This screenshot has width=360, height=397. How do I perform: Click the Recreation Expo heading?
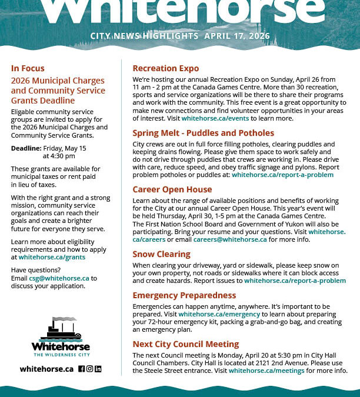(158, 68)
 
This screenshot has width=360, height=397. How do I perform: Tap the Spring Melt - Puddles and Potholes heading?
(203, 133)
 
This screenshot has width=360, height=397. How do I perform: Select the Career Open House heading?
(172, 189)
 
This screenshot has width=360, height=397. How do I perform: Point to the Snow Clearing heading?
(161, 254)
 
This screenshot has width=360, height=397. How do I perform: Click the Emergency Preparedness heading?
(184, 295)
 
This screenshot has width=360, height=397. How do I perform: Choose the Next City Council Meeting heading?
(185, 344)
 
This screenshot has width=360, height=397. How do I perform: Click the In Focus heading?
(28, 68)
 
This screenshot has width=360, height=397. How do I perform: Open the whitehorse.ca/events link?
(215, 118)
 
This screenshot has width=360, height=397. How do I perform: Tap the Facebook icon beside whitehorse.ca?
(82, 369)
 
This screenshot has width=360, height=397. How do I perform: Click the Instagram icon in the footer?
(90, 369)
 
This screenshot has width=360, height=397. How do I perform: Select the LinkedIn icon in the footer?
(98, 369)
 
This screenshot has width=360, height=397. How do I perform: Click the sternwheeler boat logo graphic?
(61, 329)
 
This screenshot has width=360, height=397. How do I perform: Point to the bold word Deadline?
(26, 148)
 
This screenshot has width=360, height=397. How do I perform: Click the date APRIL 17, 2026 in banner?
(237, 36)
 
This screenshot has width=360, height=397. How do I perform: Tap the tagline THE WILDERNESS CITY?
(61, 355)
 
